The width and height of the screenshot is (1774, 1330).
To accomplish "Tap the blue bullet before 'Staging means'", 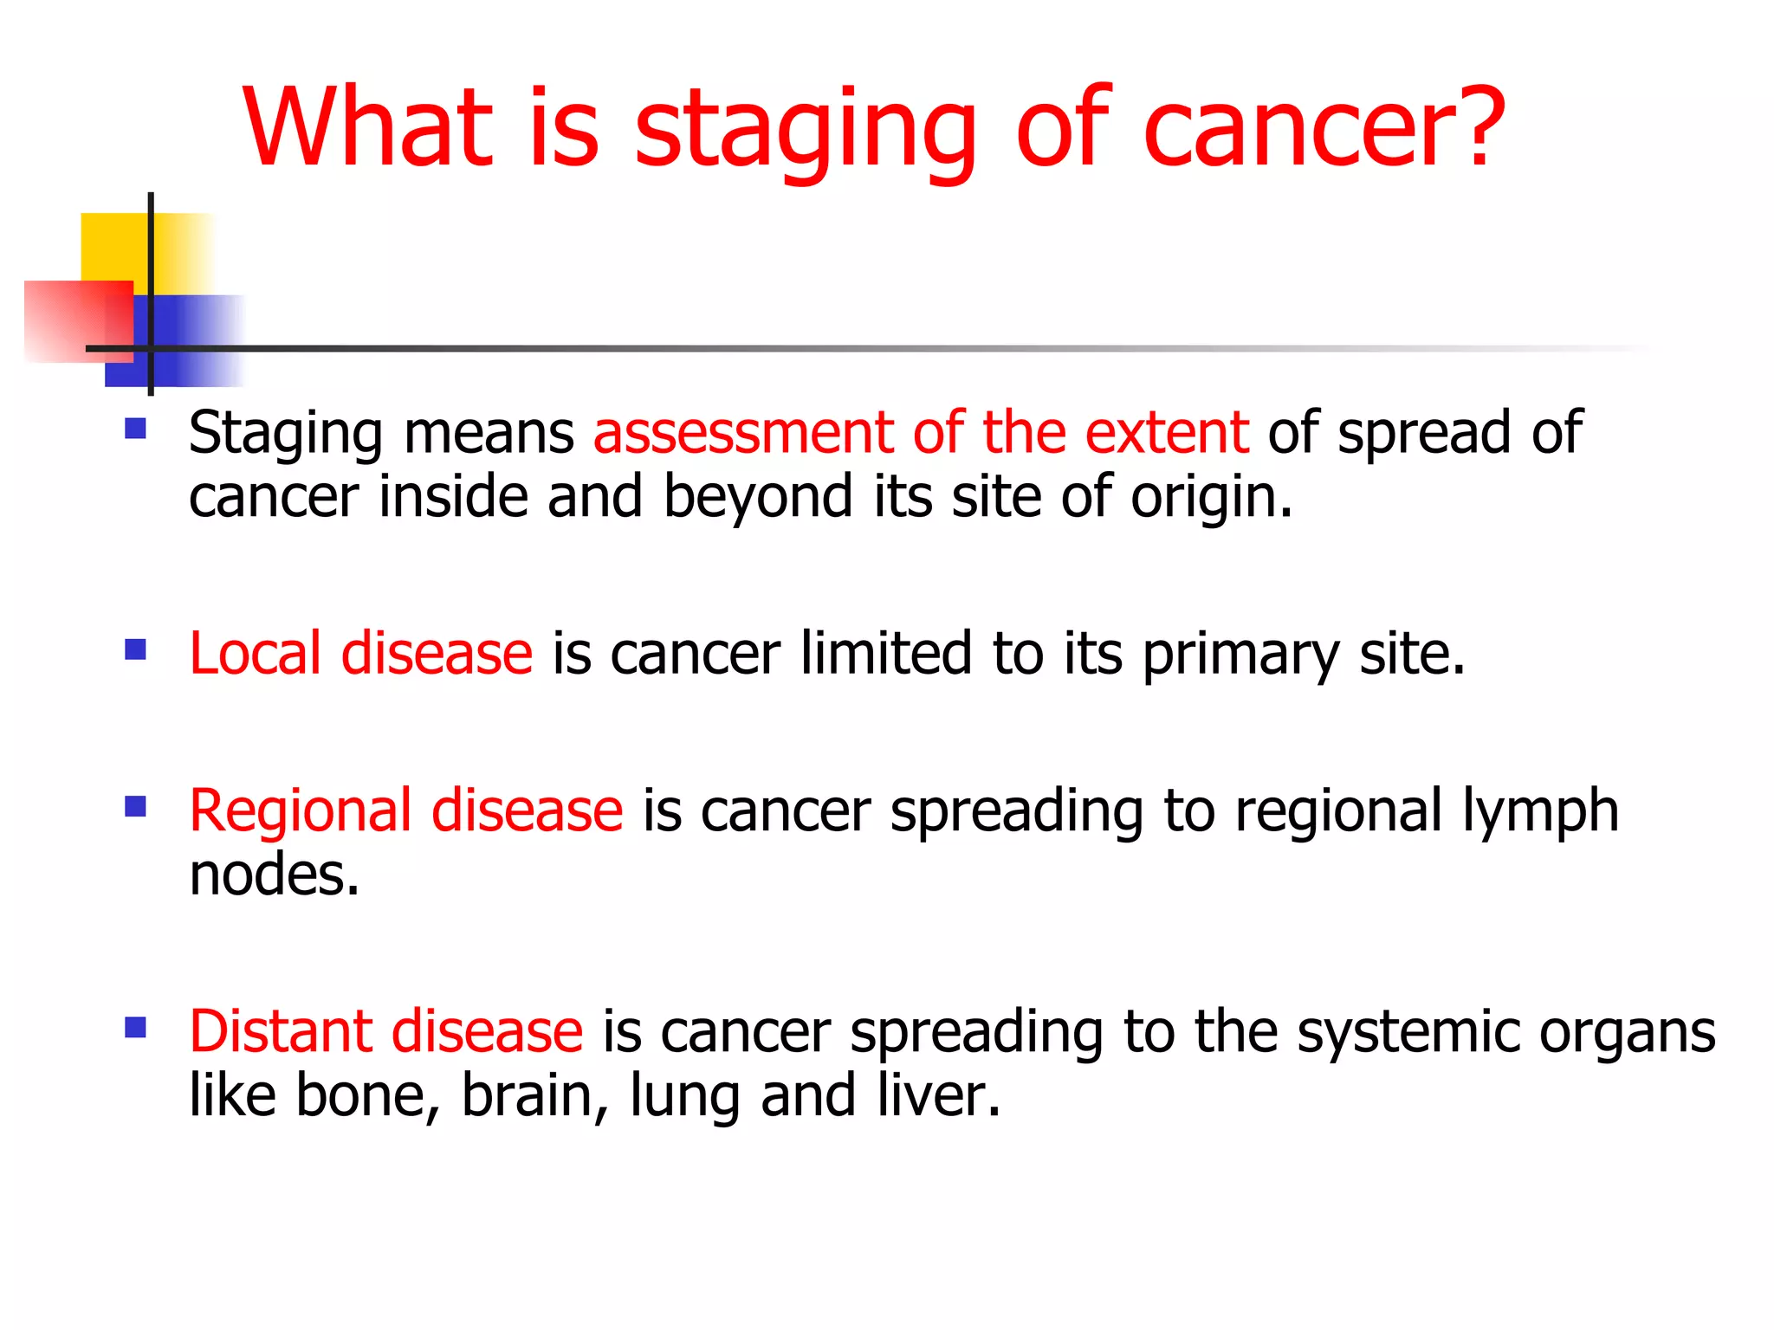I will click(135, 429).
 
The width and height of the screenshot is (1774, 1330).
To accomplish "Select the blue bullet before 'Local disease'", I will click(135, 649).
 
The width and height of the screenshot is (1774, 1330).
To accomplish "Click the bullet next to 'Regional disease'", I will click(135, 807).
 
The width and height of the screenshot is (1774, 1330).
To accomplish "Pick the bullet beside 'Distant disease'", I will click(135, 1028).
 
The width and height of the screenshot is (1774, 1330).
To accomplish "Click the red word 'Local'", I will click(255, 653).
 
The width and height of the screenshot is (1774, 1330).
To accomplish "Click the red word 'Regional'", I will click(300, 812).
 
